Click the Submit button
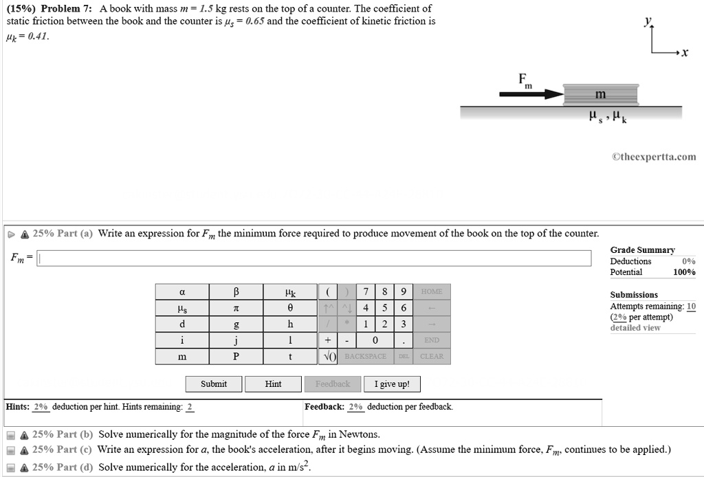(x=214, y=384)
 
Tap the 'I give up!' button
(x=392, y=384)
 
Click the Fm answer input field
(x=314, y=258)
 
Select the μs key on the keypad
(x=181, y=308)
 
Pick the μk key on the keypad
(x=290, y=292)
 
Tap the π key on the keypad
(x=236, y=308)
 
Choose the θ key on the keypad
(x=290, y=308)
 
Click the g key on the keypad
(x=236, y=324)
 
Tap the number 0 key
(x=375, y=340)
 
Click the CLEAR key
(x=432, y=357)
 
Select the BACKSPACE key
(x=366, y=357)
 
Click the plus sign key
(x=327, y=340)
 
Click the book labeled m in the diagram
(x=600, y=94)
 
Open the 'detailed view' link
(x=635, y=328)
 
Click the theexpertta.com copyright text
(x=654, y=157)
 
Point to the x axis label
(x=685, y=54)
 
